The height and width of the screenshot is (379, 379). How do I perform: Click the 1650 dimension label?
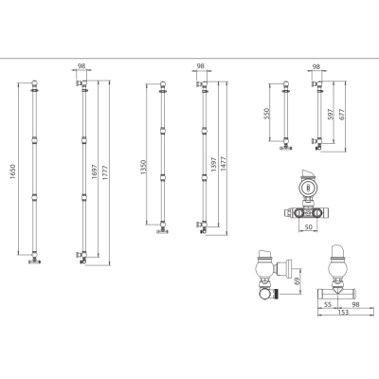tap(12, 172)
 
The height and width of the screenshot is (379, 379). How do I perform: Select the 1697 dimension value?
tap(95, 171)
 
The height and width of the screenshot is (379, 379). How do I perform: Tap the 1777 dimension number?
tap(105, 173)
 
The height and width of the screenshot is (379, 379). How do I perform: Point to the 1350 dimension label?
tap(143, 168)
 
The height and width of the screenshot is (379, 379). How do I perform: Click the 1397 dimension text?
tap(213, 164)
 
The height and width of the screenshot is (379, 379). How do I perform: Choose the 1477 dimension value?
tap(224, 164)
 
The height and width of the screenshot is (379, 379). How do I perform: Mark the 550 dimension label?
tap(266, 114)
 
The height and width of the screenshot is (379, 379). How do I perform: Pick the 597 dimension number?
tap(330, 114)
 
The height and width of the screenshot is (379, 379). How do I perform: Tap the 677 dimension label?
tap(341, 114)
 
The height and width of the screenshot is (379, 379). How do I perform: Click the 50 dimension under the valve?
tap(308, 226)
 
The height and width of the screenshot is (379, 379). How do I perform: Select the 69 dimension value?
tap(297, 281)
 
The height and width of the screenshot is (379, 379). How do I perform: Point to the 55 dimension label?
tap(328, 305)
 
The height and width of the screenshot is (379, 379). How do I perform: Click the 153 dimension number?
tap(343, 312)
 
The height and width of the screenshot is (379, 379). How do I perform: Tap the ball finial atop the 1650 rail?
tap(35, 83)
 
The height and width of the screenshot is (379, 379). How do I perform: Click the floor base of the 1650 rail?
tap(35, 262)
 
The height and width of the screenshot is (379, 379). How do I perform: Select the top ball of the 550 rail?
tap(286, 84)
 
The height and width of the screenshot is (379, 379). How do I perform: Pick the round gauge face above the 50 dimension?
tap(307, 188)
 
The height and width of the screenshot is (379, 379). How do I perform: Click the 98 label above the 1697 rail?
tap(81, 66)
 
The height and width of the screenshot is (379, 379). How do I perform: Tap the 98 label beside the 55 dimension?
tap(355, 305)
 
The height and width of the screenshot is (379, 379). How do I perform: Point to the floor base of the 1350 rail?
tap(162, 231)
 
